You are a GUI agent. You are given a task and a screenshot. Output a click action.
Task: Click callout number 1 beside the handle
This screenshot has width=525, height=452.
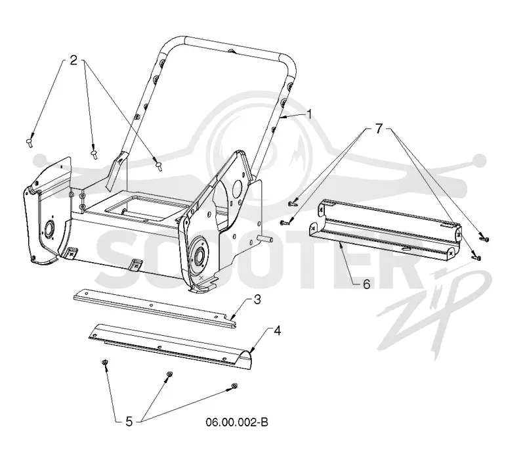tap(309, 115)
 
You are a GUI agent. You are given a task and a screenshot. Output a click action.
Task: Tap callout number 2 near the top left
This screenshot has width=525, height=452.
tap(73, 60)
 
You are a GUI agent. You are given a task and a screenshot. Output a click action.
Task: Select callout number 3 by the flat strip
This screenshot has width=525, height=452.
tap(257, 300)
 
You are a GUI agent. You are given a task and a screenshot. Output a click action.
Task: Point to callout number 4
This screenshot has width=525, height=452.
tap(277, 331)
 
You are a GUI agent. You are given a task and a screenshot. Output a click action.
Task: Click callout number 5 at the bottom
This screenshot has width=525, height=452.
tap(129, 422)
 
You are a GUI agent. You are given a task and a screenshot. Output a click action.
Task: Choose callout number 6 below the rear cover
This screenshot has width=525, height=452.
tap(367, 284)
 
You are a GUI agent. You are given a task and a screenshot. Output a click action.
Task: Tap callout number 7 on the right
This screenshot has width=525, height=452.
tap(379, 128)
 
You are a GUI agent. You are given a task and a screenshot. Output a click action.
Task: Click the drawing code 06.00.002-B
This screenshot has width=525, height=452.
tap(237, 422)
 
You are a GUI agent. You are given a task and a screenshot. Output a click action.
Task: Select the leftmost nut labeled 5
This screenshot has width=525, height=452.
tap(104, 362)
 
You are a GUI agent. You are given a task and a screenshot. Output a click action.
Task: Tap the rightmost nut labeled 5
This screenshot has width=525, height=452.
tap(234, 386)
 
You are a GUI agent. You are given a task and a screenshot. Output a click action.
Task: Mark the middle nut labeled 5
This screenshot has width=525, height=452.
tap(169, 374)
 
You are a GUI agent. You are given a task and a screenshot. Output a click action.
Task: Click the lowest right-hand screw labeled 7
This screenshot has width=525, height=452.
tap(476, 258)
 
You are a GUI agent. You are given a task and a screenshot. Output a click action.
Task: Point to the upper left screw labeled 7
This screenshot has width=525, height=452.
tap(292, 202)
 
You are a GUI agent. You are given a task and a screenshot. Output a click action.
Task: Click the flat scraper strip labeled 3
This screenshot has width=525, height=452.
tap(155, 309)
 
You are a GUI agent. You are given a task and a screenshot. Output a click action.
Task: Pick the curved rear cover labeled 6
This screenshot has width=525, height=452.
tap(385, 231)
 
